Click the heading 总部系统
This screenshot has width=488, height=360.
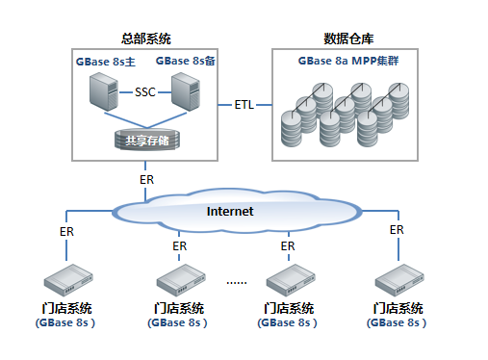coord(146,39)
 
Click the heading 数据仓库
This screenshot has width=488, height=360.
coord(350,39)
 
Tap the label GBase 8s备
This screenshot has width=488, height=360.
coord(186,62)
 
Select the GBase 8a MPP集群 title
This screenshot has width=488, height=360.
coord(350,61)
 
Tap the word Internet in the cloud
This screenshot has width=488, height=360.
coord(230,211)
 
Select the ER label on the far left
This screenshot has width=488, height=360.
coord(66,232)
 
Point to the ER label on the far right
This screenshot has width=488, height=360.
coord(396,229)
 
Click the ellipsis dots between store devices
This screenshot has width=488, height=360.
coord(236,282)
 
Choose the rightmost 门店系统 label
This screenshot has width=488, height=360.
coord(398,308)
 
